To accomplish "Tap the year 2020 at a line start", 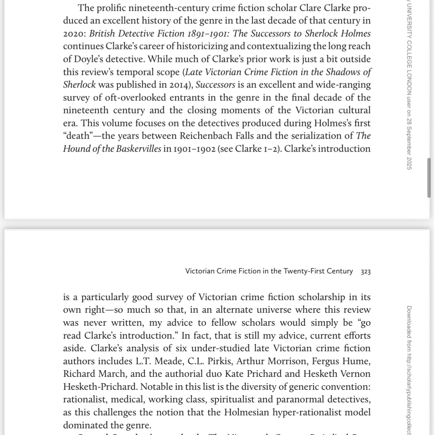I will pos(75,34).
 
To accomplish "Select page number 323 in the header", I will pos(365,272).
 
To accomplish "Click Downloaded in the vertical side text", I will pos(409,322).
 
